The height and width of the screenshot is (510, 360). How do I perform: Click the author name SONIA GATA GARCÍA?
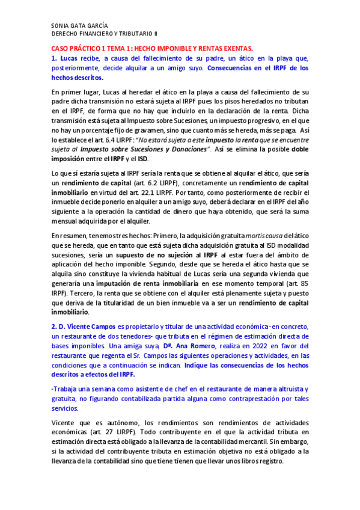(x=79, y=26)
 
